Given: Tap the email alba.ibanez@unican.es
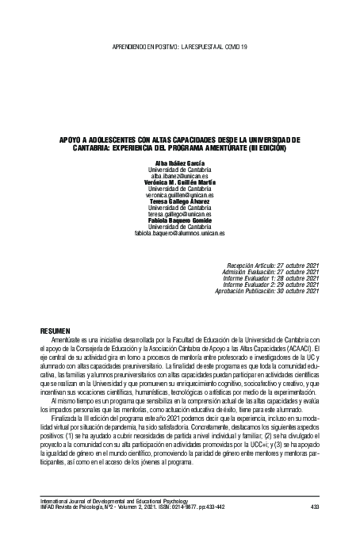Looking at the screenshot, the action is point(179,176).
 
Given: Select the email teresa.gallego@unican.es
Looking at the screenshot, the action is point(179,213).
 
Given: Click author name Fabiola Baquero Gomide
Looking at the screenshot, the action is point(179,220).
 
